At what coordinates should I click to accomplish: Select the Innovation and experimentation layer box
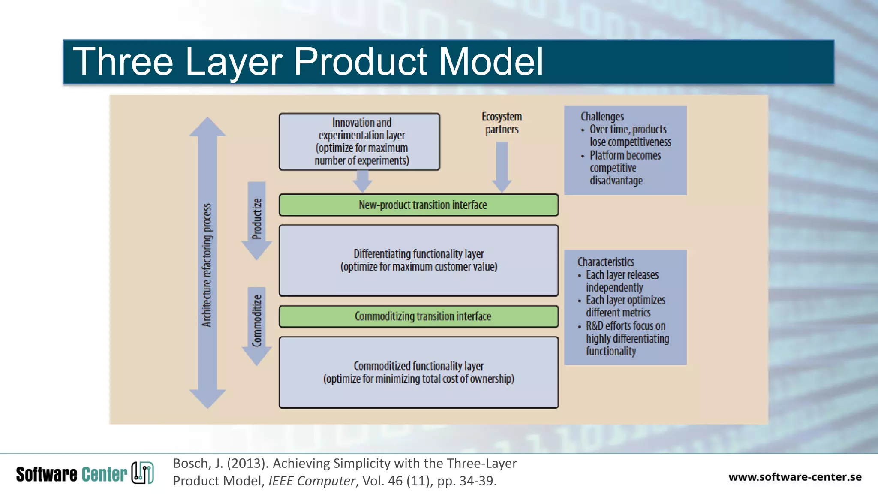(359, 142)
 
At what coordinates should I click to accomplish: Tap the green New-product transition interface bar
(418, 205)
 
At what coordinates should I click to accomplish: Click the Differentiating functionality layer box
(418, 260)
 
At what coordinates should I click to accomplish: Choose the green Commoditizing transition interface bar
(418, 316)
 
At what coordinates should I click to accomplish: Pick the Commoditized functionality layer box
(418, 372)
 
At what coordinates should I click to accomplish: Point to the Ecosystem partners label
(502, 123)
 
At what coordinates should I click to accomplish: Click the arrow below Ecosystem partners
(502, 167)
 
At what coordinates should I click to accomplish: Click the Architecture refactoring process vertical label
(207, 265)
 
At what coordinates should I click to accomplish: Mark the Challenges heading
(602, 117)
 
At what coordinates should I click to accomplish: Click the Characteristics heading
(605, 262)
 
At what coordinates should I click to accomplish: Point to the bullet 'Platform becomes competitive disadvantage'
(625, 168)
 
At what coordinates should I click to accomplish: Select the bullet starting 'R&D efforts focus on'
(627, 338)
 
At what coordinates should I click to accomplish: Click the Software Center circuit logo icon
(142, 473)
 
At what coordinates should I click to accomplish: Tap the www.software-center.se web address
(794, 477)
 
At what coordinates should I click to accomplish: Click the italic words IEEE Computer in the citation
(311, 481)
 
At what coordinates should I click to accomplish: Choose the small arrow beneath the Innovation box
(362, 181)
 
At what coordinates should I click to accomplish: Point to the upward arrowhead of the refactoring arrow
(207, 127)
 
